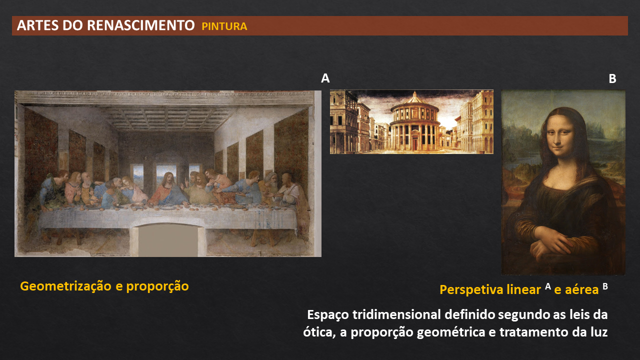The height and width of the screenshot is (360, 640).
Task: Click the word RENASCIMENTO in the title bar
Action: [x=141, y=25]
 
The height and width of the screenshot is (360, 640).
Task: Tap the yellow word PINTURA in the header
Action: [x=224, y=26]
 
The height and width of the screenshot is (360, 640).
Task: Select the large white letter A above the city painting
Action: [x=325, y=78]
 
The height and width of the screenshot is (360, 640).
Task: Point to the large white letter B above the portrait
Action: [x=612, y=78]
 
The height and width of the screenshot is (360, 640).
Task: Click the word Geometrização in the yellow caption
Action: [x=65, y=286]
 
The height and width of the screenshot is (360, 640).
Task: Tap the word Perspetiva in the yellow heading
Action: [x=471, y=289]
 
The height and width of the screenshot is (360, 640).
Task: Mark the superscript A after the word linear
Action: [x=547, y=286]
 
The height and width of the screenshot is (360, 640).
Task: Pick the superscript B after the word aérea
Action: [x=605, y=286]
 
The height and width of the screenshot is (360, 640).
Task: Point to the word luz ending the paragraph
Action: [x=598, y=332]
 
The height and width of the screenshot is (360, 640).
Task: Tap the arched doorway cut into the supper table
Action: [x=168, y=239]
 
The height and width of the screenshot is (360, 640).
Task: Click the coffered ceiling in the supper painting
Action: [x=167, y=118]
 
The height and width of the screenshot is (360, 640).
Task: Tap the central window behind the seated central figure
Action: [x=166, y=172]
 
